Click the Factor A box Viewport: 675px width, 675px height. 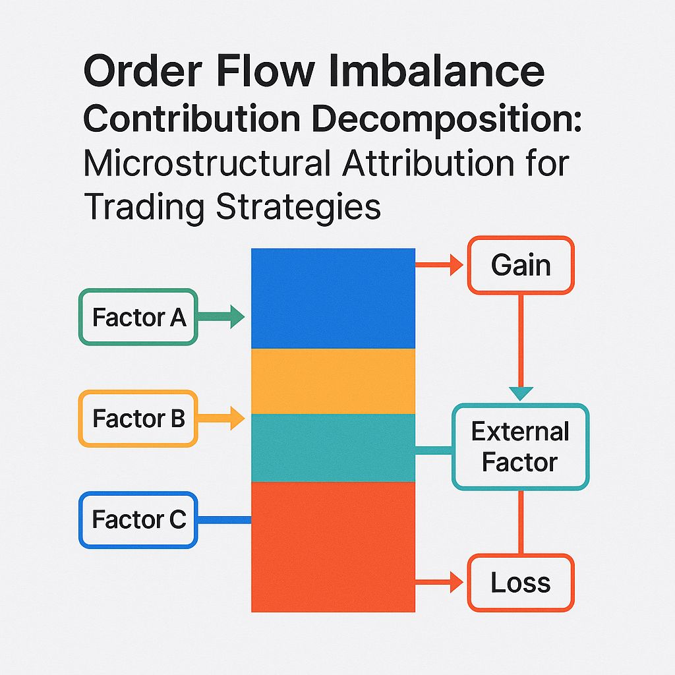coord(138,317)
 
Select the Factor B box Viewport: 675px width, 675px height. coord(138,419)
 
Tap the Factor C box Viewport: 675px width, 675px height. coord(138,519)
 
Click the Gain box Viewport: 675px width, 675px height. coord(521,265)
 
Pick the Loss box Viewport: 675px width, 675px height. coord(521,582)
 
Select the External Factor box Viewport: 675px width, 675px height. coord(520,446)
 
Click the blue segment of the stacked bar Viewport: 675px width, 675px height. coord(333,298)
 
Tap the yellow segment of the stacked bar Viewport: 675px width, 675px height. coord(333,381)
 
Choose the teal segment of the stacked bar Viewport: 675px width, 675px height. coord(333,448)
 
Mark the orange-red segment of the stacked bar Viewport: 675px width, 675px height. coord(333,546)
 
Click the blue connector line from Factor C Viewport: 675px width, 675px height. coord(224,519)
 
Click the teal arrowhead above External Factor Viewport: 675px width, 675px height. coord(521,392)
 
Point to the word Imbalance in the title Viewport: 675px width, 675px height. coord(454,71)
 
